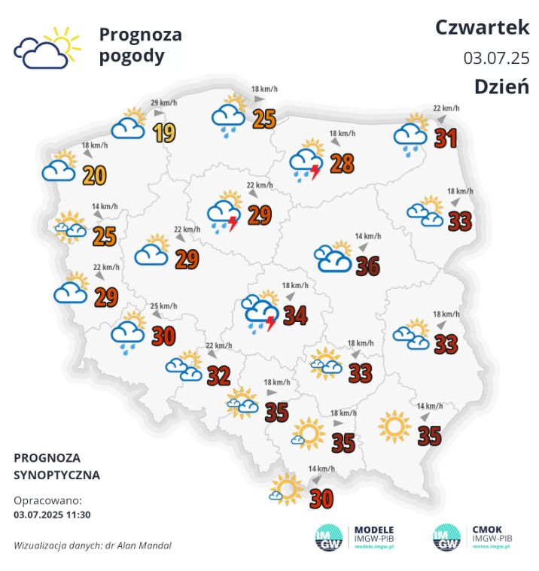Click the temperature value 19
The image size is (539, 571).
164,133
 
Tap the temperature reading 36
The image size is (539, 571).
367,266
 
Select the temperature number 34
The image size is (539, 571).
295,315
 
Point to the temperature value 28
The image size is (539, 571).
342,163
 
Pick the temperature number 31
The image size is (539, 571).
446,138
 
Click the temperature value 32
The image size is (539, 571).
218,375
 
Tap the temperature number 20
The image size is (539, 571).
94,175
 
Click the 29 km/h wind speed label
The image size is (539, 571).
164,103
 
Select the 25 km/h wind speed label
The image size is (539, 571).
164,306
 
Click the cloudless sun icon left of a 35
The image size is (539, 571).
394,427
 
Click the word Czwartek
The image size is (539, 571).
482,28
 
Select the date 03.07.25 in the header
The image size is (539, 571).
496,58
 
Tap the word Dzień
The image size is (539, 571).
501,87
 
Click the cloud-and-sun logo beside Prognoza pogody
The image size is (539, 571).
47,47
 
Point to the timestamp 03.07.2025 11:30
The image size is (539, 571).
52,515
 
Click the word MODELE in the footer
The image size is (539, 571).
373,530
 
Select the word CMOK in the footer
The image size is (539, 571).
487,530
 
